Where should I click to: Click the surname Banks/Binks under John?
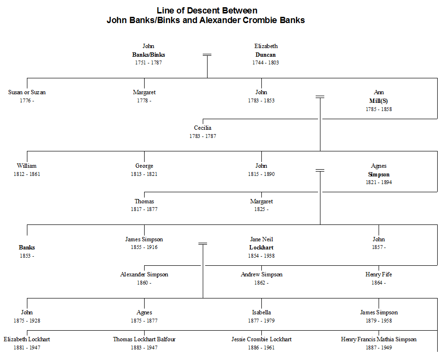148,55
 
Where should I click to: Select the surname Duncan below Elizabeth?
266,55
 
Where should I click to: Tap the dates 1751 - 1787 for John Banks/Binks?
148,62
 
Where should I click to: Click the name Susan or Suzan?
27,92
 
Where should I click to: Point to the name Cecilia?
203,128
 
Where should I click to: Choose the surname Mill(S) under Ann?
379,101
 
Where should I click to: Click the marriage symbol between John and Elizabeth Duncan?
207,55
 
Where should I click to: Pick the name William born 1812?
27,166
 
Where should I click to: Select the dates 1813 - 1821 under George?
144,174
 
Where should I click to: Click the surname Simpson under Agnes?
379,174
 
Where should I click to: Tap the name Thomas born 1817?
144,201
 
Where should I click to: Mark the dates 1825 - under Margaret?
261,209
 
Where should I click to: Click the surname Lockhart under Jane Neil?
261,248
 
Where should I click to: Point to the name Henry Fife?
379,274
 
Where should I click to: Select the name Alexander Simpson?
144,274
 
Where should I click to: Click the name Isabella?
261,312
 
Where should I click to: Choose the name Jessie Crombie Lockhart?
261,339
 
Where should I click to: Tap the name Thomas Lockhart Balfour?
144,339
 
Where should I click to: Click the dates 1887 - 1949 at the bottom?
379,348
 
